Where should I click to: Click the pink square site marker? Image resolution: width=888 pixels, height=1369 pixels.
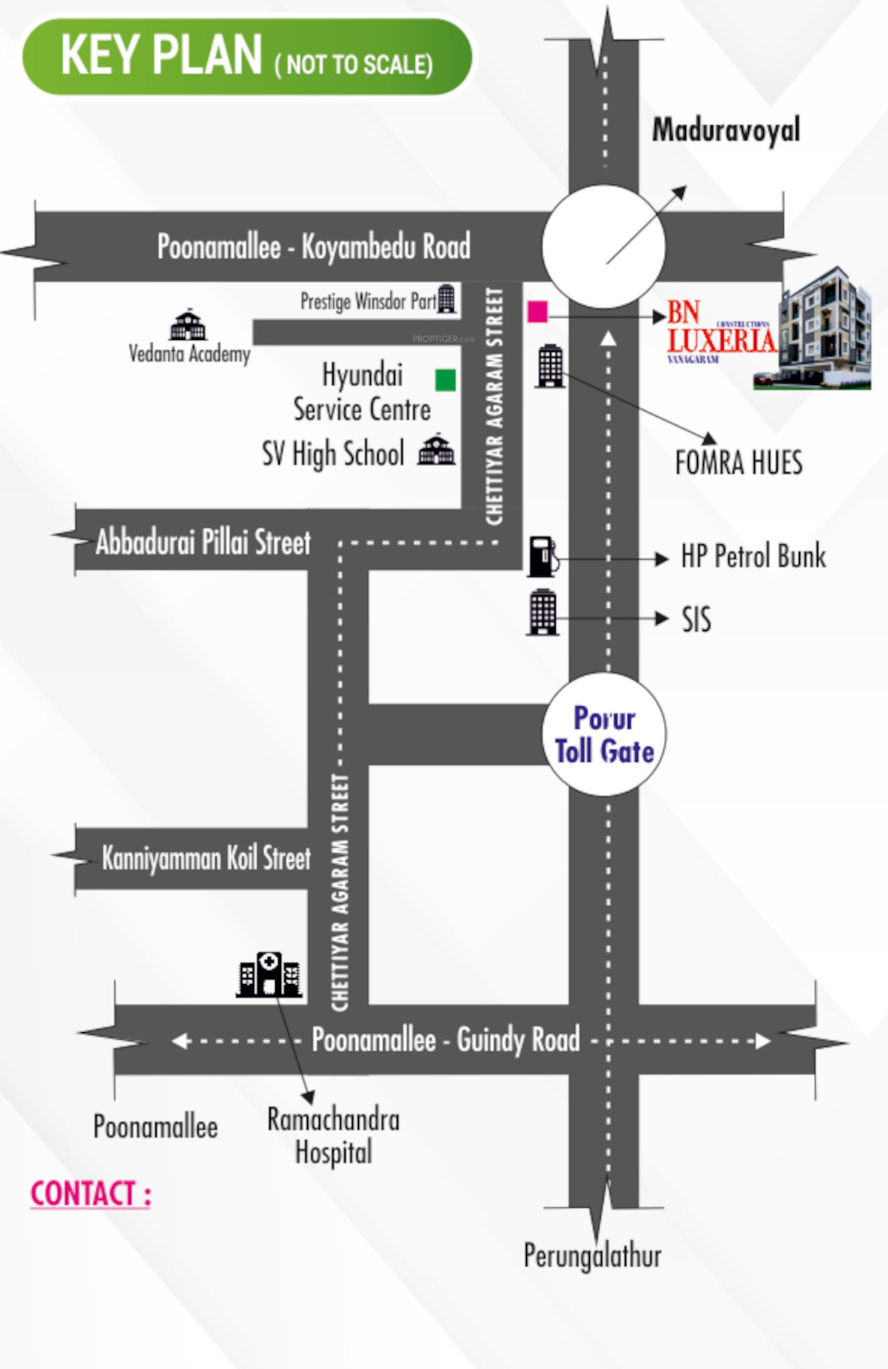click(537, 312)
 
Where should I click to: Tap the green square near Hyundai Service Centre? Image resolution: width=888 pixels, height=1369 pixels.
click(445, 380)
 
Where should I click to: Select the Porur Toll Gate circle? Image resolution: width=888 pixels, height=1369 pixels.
click(604, 734)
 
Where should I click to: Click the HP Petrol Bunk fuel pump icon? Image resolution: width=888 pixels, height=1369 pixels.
click(543, 557)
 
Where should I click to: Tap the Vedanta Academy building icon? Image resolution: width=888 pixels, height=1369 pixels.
click(189, 324)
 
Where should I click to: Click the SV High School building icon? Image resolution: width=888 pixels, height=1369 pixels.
click(437, 449)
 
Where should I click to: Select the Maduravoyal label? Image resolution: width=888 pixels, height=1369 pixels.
click(726, 130)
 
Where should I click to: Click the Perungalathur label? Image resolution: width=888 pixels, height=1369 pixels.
click(592, 1255)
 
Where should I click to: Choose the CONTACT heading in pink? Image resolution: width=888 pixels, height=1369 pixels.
click(90, 1194)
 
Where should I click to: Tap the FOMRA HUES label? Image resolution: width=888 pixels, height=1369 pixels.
click(739, 463)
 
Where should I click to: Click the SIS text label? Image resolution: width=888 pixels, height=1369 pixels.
click(696, 620)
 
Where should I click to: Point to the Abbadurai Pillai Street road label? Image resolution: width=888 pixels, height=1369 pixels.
click(203, 542)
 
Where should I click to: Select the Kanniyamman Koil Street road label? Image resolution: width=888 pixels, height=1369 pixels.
click(206, 858)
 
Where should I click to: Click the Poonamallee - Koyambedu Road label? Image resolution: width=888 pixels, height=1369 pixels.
click(314, 247)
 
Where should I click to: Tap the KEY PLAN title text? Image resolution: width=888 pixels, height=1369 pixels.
click(161, 56)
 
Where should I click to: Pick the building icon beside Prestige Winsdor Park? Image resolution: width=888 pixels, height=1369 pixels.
click(446, 299)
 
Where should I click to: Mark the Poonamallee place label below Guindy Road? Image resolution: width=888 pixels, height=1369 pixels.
click(155, 1127)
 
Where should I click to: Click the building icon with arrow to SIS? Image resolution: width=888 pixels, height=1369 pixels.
click(542, 612)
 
